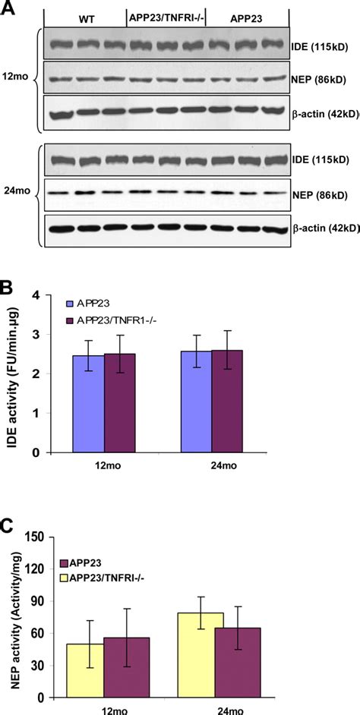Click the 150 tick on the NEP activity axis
[x=32, y=537]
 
